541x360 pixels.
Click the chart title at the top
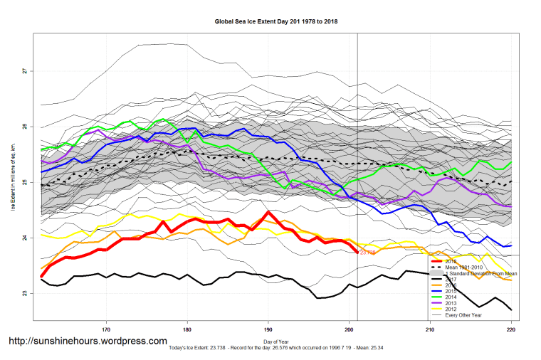pyautogui.click(x=276, y=21)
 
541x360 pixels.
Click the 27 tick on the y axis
pyautogui.click(x=24, y=70)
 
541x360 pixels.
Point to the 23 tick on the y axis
pyautogui.click(x=24, y=293)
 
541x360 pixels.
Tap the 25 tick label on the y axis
pyautogui.click(x=24, y=182)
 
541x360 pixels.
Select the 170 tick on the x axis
pyautogui.click(x=106, y=329)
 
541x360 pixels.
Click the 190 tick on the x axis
pyautogui.click(x=268, y=329)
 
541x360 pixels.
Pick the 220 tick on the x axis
pyautogui.click(x=511, y=329)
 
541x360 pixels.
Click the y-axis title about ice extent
pyautogui.click(x=12, y=182)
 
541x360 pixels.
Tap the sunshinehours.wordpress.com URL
pyautogui.click(x=88, y=342)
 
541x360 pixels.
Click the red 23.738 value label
pyautogui.click(x=368, y=253)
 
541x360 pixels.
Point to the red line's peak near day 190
pyautogui.click(x=268, y=212)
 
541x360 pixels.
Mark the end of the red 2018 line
pyautogui.click(x=357, y=252)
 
